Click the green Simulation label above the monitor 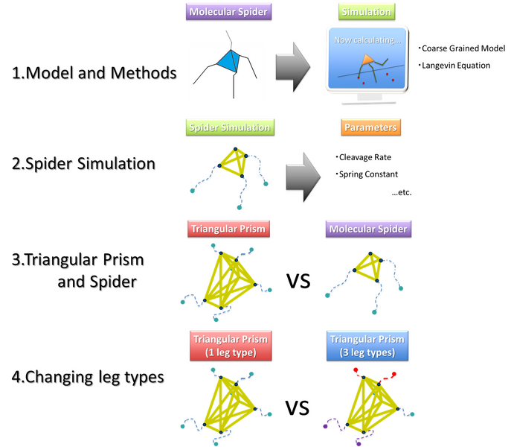click(365, 12)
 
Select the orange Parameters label click(370, 127)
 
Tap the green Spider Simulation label click(228, 127)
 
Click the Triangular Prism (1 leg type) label click(229, 346)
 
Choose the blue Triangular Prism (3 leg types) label click(369, 346)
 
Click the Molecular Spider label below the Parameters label click(369, 229)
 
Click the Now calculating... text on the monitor click(367, 40)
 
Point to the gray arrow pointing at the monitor click(292, 65)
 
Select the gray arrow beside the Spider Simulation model click(303, 172)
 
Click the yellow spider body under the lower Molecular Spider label click(368, 266)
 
